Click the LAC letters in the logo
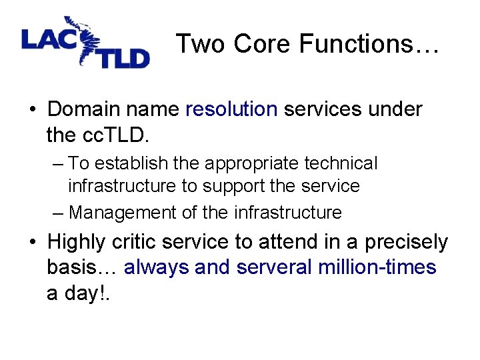tap(49, 39)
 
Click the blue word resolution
tap(231, 109)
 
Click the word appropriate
tap(244, 163)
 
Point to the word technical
tap(341, 163)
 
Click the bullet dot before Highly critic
tap(32, 241)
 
